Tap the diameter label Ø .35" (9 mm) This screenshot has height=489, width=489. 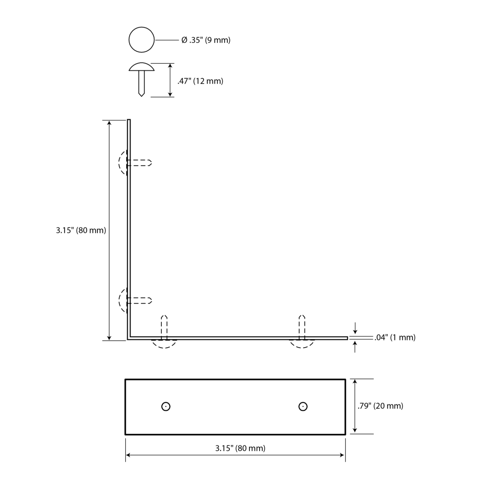coord(206,40)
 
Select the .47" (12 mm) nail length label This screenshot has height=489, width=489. coord(200,81)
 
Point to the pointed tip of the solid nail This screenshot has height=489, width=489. coord(142,96)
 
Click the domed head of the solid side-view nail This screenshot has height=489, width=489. coord(142,67)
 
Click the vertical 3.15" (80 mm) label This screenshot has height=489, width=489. coord(81,230)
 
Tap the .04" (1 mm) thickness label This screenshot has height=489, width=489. coord(395,337)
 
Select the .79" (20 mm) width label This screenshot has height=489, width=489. coord(380,406)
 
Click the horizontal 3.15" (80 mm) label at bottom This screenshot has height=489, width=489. coord(241,448)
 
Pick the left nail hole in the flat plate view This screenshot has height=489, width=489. coord(166,406)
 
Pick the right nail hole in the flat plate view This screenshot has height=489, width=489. coord(303,406)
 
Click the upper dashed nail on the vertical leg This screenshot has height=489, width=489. coord(135,162)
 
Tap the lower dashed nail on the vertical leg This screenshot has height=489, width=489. coord(135,300)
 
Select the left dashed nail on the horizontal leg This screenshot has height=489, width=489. coord(164,332)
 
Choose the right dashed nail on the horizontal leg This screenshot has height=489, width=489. coord(302,332)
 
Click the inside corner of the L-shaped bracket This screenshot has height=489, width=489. coord(131,336)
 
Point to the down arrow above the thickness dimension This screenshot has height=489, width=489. coord(355,328)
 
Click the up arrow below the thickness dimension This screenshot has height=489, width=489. coord(355,347)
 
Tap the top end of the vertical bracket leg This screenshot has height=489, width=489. coord(129,119)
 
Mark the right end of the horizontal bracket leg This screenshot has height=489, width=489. coord(347,338)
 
